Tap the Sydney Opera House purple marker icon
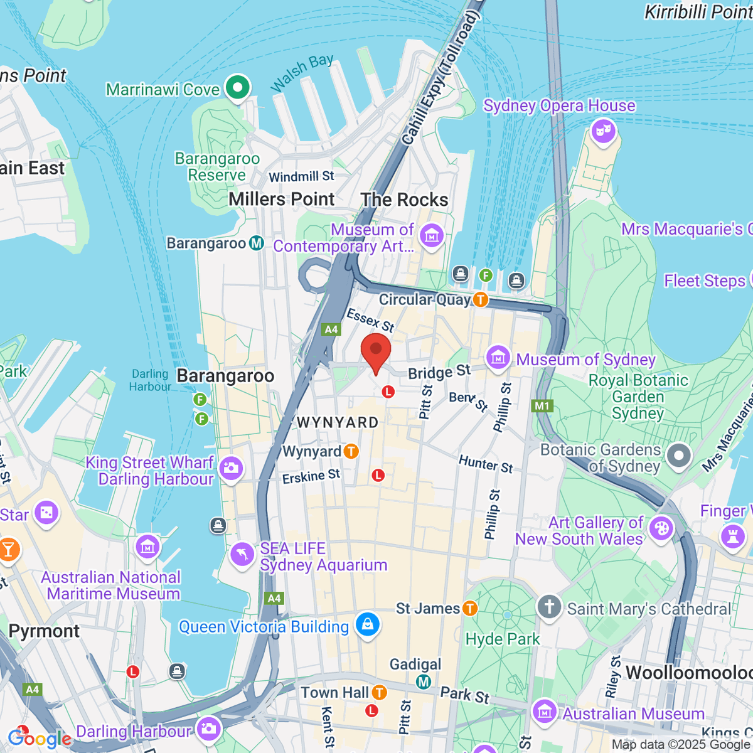[x=603, y=132]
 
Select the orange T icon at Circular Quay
[x=481, y=299]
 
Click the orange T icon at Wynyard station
[x=351, y=451]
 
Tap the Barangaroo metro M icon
[x=257, y=243]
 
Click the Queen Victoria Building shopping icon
[x=367, y=624]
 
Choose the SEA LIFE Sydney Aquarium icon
[x=242, y=555]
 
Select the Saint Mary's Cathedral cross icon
[x=549, y=607]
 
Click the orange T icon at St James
[x=469, y=608]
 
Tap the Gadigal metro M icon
[x=424, y=681]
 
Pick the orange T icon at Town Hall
[x=379, y=692]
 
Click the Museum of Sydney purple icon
[x=498, y=358]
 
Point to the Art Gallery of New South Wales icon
[x=661, y=528]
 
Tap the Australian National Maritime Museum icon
[x=147, y=547]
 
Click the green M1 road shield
[x=542, y=406]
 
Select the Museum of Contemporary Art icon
[x=431, y=237]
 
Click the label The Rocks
[x=404, y=200]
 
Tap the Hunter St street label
[x=486, y=464]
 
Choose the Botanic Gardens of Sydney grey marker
[x=678, y=456]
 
